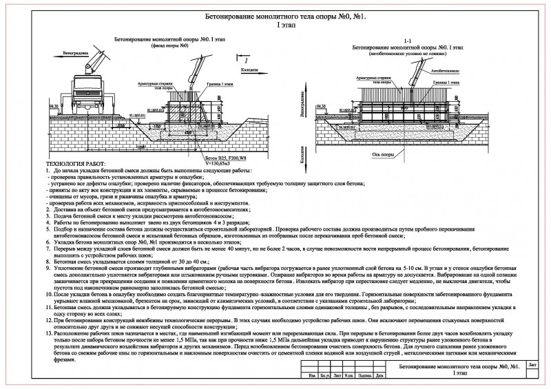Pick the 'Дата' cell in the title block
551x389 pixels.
pyautogui.click(x=380, y=376)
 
